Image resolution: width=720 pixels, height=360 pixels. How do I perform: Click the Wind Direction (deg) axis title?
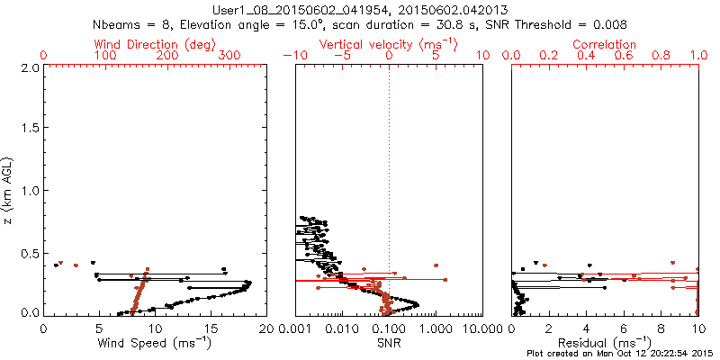(x=155, y=44)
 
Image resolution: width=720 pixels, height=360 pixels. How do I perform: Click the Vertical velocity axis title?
(x=388, y=44)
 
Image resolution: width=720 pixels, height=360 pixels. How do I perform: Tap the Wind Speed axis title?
(x=155, y=342)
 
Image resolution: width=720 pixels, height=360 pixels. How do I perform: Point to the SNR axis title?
(x=388, y=342)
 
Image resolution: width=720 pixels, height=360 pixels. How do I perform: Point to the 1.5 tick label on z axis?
(x=29, y=129)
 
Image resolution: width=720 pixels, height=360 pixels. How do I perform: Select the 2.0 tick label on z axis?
(x=29, y=67)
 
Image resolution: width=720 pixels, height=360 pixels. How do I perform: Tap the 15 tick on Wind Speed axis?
(x=210, y=328)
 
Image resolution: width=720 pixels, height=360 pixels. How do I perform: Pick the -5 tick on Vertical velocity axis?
(x=340, y=55)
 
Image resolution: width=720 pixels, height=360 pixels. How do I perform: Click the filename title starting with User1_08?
(x=360, y=8)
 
